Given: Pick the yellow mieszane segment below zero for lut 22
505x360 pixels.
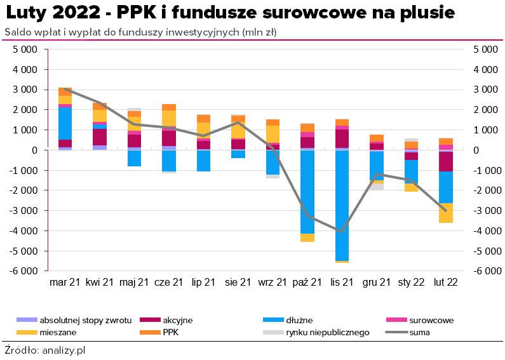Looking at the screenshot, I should pos(446,213).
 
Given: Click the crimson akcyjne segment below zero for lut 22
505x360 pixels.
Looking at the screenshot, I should pos(446,161).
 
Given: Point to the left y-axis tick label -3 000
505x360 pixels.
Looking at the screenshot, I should pos(25,210).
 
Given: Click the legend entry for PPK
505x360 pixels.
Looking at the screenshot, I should pos(170,331).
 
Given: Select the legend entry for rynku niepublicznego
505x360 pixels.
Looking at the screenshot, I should pos(327,331).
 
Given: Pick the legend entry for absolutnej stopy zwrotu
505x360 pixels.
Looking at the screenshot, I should pos(85,320).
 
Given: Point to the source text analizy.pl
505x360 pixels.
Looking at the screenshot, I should pos(62,350).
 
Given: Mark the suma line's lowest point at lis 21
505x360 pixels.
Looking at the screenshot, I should pos(342,231).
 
